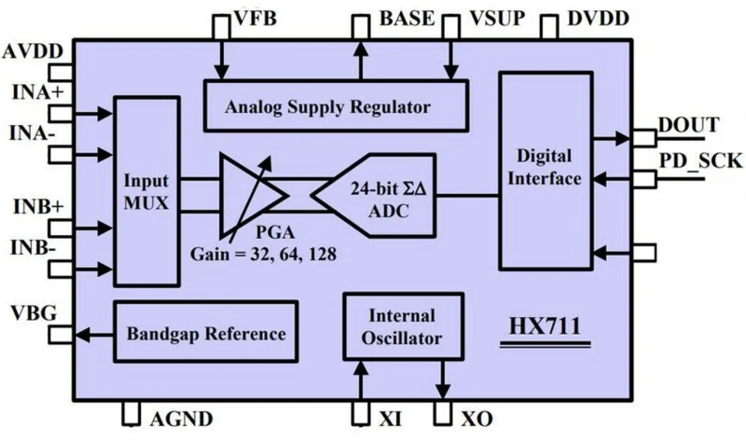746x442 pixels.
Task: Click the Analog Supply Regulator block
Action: point(328,105)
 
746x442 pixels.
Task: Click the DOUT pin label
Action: point(687,126)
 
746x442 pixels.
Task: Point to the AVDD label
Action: point(33,51)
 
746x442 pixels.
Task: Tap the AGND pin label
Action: point(182,418)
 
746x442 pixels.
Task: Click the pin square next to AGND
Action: point(132,412)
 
